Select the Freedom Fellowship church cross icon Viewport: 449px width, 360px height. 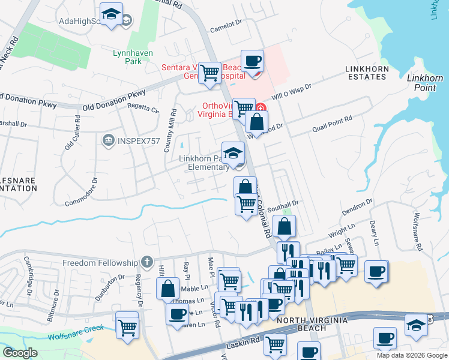coord(146,262)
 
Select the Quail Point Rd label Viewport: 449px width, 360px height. coord(332,125)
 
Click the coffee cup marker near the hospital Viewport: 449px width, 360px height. coord(252,61)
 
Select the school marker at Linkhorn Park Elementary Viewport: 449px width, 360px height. coord(233,153)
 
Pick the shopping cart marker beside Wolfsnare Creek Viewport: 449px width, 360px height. coord(127,328)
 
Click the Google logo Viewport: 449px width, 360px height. coord(20,353)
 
